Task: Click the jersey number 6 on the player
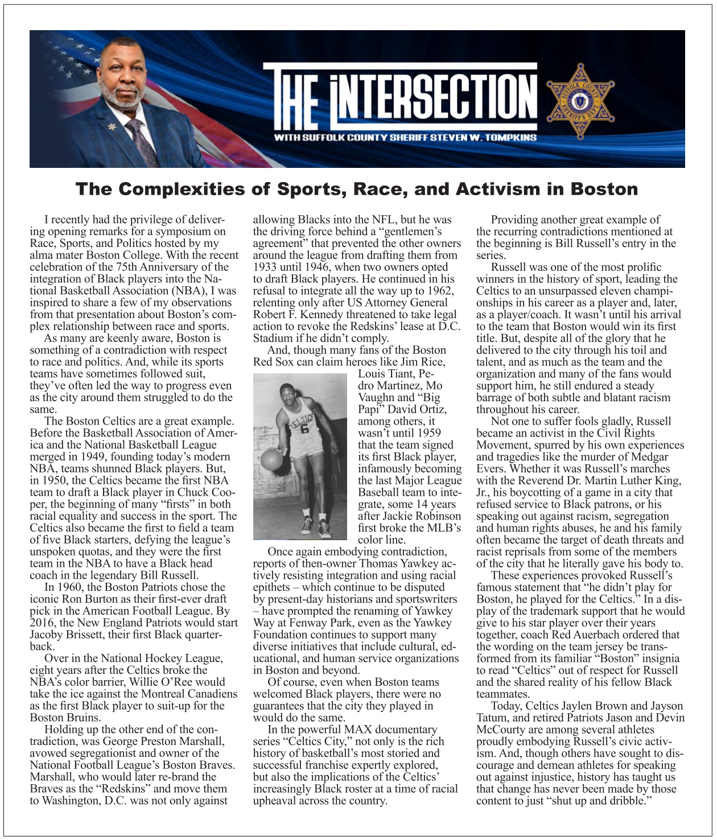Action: pyautogui.click(x=304, y=429)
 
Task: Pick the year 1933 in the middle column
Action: pyautogui.click(x=265, y=267)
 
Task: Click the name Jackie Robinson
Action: pyautogui.click(x=421, y=516)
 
